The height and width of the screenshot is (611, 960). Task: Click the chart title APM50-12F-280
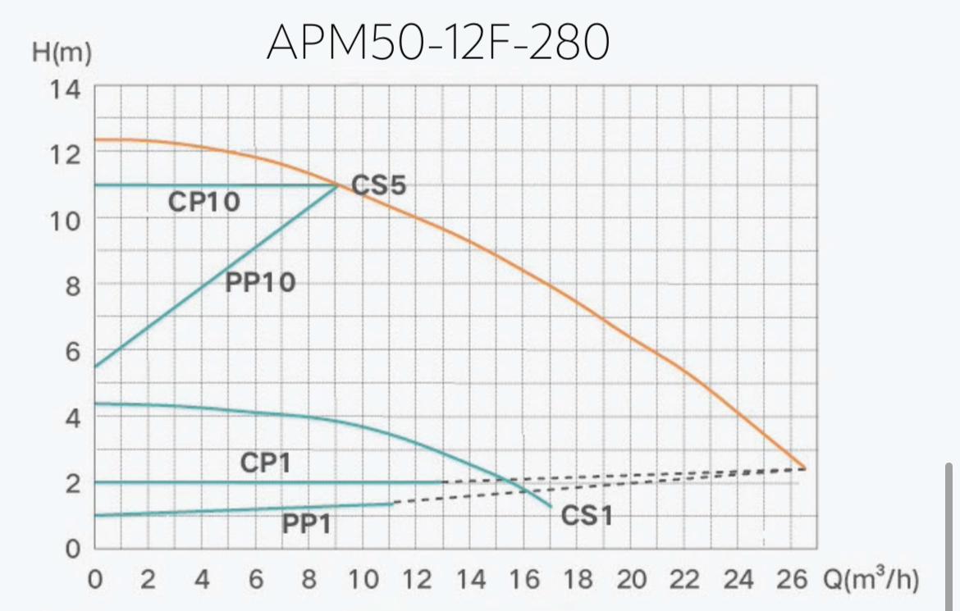[437, 43]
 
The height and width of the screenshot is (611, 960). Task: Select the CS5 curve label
[378, 185]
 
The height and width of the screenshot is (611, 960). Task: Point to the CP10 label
[204, 202]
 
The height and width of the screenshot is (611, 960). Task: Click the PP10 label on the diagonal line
[259, 283]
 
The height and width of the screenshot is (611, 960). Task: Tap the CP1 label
[265, 463]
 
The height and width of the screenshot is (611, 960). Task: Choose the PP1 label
[307, 523]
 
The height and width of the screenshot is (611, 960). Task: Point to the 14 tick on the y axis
[65, 89]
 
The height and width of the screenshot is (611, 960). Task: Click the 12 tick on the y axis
[65, 154]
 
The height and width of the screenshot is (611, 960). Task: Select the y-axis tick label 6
[72, 352]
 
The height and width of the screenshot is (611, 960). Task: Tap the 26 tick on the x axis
[791, 580]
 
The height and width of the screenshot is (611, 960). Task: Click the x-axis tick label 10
[363, 580]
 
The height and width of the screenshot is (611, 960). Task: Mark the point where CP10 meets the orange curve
[337, 185]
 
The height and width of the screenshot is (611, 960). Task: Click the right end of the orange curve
[804, 468]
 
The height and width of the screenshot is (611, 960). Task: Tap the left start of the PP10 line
[96, 367]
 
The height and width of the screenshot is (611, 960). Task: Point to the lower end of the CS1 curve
[550, 506]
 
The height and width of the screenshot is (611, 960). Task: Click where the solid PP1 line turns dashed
[393, 504]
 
